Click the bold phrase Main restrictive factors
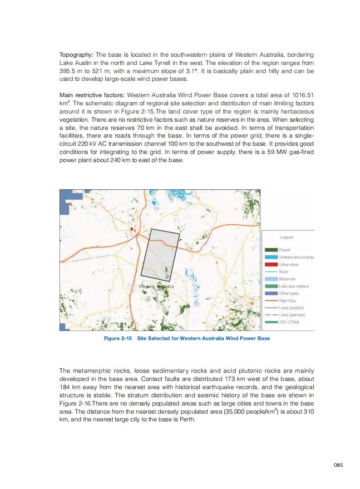click(92, 95)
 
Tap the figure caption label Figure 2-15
click(118, 338)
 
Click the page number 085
click(338, 464)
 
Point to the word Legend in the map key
click(286, 237)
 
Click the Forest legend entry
click(285, 250)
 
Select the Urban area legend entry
click(287, 264)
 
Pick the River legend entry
click(283, 272)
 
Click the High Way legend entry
click(286, 301)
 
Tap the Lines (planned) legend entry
click(292, 315)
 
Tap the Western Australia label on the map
click(156, 287)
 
